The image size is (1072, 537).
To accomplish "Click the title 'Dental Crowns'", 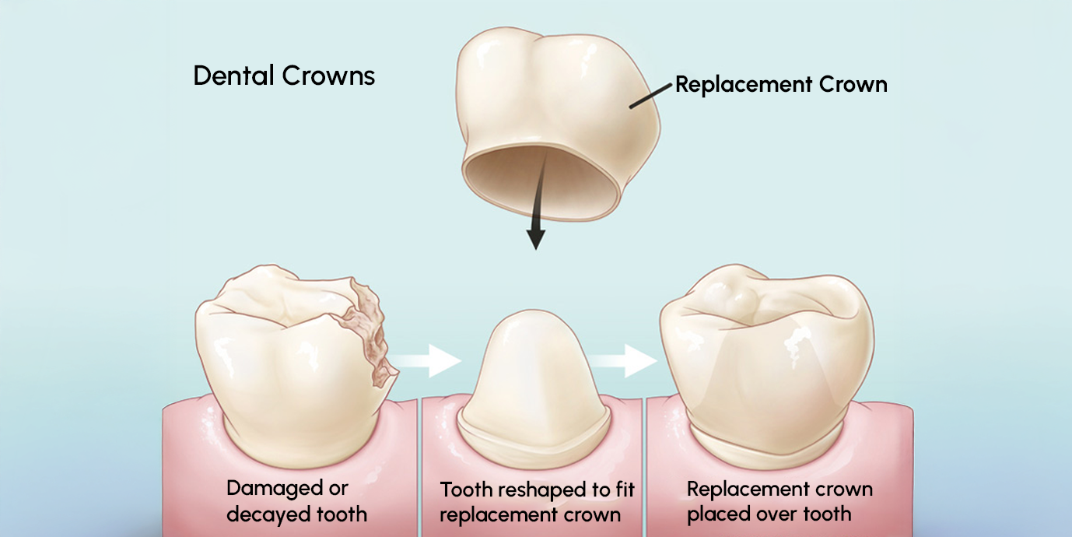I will (284, 76).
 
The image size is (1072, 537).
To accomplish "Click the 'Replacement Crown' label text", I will (781, 84).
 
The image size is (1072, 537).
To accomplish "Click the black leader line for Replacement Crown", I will (650, 97).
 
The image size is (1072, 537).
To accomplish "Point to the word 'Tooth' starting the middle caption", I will (467, 490).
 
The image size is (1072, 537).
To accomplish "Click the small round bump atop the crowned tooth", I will (744, 299).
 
